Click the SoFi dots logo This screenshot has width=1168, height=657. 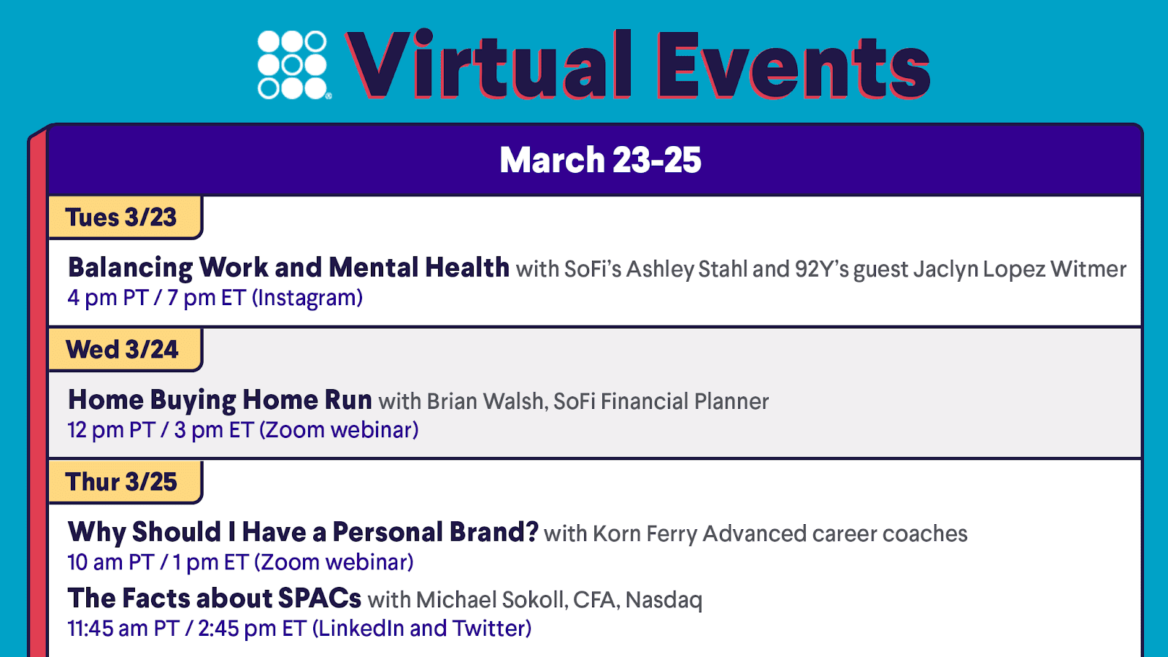click(x=293, y=65)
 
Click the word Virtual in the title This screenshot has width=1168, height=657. click(x=490, y=64)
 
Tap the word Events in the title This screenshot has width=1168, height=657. click(x=794, y=65)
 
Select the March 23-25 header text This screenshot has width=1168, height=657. click(x=601, y=160)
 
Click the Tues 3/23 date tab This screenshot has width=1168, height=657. click(x=124, y=218)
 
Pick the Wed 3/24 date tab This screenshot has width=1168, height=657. click(x=124, y=350)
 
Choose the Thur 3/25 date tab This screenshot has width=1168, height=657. click(x=124, y=482)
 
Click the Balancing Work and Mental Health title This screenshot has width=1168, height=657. click(x=288, y=268)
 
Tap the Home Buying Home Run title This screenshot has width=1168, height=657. click(x=220, y=401)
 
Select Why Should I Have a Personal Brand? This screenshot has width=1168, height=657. click(x=303, y=532)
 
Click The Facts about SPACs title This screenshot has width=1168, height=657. click(x=215, y=598)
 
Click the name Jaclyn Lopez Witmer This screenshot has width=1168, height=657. click(x=1019, y=269)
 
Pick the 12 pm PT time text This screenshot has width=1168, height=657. click(x=112, y=430)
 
